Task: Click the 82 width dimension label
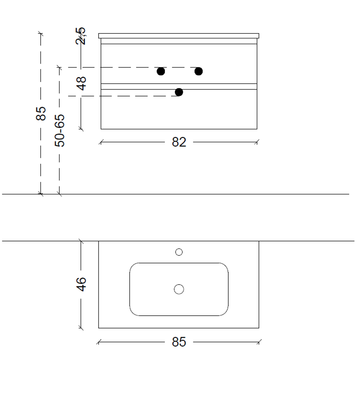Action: pos(179,142)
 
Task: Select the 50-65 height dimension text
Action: pos(60,131)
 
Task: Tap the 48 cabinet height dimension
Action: pos(81,83)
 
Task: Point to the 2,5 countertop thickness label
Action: pos(81,36)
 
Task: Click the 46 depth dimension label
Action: pos(81,285)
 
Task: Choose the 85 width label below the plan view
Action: pos(179,342)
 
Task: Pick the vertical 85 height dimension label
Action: pos(41,114)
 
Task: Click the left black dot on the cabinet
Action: pos(161,72)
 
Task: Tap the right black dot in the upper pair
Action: pos(199,72)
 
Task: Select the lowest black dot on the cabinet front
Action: pos(179,92)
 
